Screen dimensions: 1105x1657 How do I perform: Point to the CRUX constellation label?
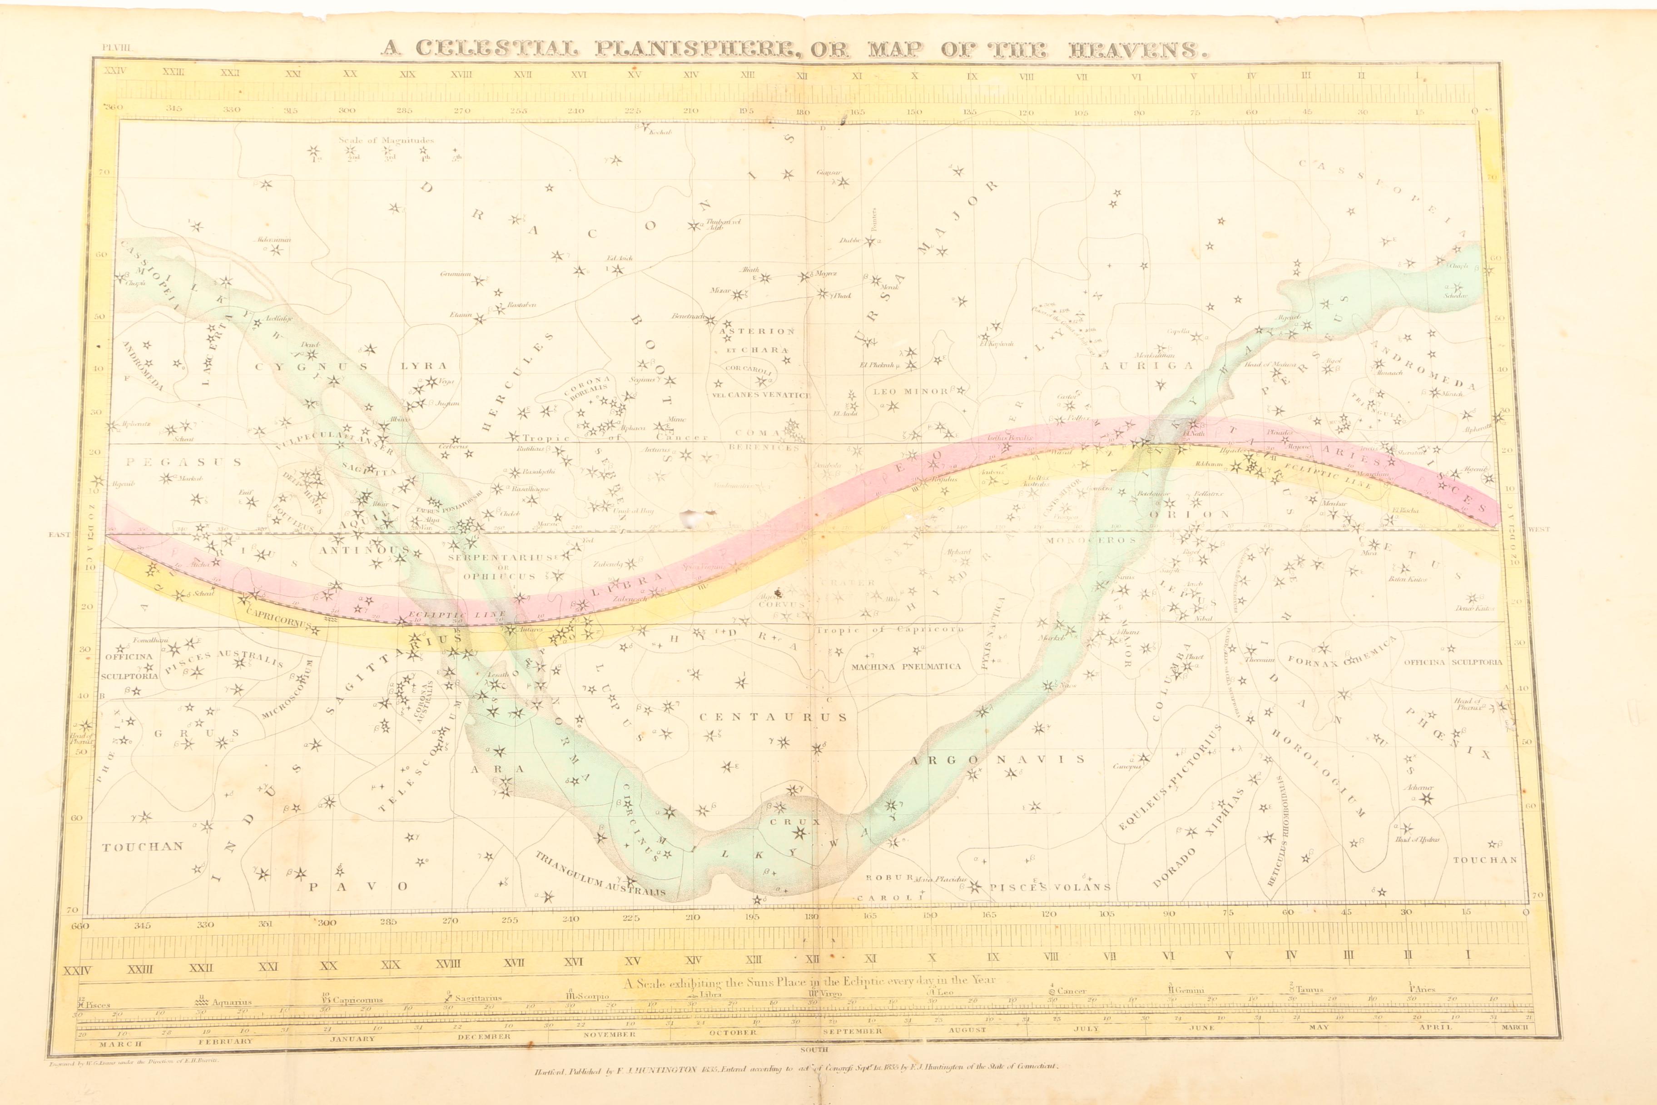(785, 821)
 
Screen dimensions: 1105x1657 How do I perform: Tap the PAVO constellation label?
(358, 886)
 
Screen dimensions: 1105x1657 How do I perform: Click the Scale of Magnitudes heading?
(386, 139)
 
